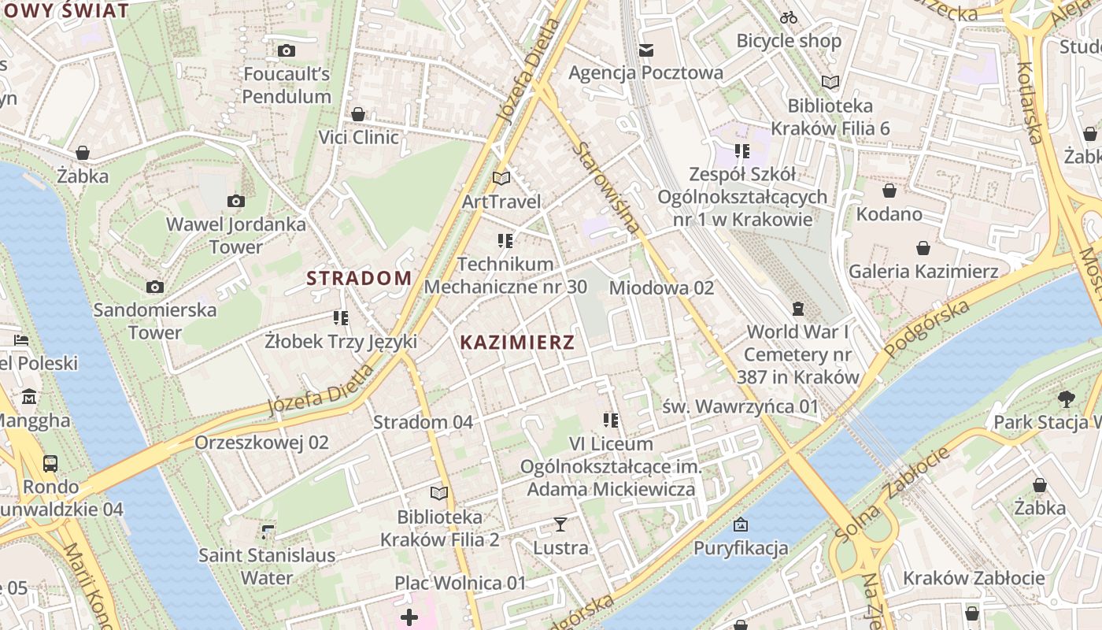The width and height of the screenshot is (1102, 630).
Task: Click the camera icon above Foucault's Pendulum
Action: point(287,51)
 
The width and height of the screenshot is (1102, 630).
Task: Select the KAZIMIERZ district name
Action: point(517,343)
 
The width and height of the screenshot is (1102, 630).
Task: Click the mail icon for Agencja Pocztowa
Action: point(646,50)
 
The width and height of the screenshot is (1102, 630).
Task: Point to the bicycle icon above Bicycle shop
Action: point(789,17)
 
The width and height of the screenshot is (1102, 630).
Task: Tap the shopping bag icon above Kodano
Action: point(889,191)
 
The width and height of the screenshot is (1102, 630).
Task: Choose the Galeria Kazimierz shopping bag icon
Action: point(923,249)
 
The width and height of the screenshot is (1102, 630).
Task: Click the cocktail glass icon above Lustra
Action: point(560,524)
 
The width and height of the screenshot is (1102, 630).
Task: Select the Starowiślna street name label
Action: point(606,187)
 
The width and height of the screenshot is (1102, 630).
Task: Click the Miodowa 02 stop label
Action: point(661,288)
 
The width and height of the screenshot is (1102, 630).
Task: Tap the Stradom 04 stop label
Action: point(423,422)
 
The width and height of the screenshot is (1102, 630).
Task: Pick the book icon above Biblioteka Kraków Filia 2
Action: point(438,494)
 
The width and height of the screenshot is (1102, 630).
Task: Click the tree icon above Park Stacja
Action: point(1067,398)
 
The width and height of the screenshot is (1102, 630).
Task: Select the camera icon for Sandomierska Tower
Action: point(155,287)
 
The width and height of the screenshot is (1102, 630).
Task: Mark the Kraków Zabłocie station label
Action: point(974,578)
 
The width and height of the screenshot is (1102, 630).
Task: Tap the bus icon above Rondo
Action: point(50,463)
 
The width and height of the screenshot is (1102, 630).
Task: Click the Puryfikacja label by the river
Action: point(741,548)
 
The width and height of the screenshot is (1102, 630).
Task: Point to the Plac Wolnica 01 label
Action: point(460,584)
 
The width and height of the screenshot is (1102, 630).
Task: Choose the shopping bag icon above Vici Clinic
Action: point(358,114)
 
